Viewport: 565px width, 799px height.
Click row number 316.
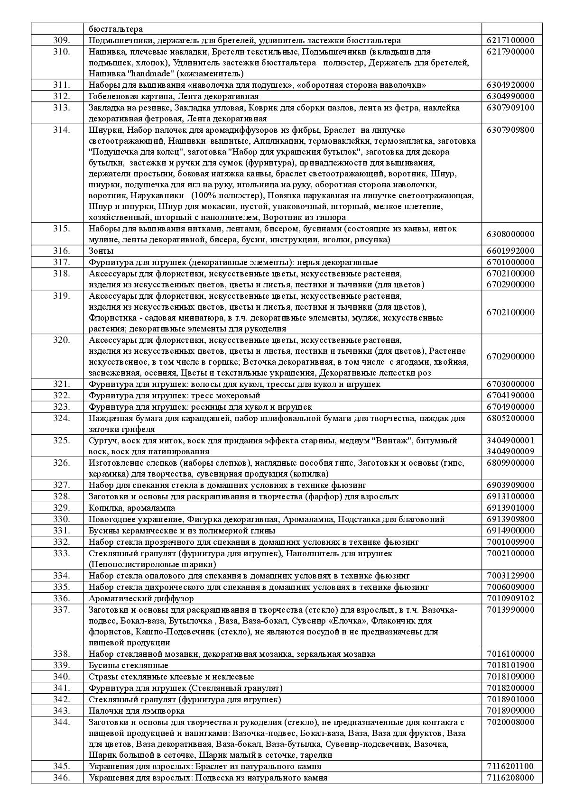(x=61, y=251)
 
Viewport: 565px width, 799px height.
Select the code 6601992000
(x=510, y=251)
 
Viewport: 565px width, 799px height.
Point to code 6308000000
(x=510, y=234)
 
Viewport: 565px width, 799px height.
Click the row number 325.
(x=61, y=441)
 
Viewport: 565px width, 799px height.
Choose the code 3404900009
(x=510, y=451)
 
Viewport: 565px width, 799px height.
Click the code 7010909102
(x=510, y=598)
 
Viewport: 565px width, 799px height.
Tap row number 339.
(x=61, y=665)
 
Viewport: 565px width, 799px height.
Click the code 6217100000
(x=510, y=40)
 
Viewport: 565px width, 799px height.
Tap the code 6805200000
(x=510, y=418)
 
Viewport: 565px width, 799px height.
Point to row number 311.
(x=61, y=85)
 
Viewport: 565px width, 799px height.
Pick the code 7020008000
(x=510, y=722)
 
